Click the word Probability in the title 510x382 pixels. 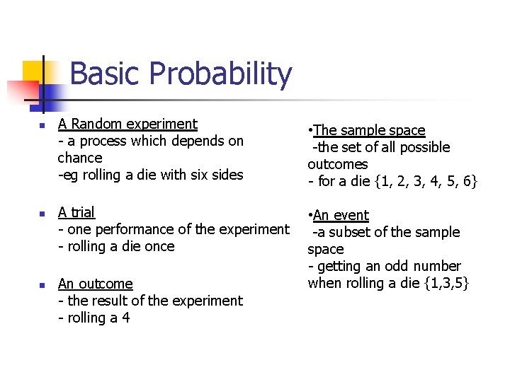[x=222, y=74]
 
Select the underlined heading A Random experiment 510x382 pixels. [x=127, y=124]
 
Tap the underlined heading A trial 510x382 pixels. [x=76, y=212]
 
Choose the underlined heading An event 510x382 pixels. [x=340, y=215]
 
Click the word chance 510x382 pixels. [x=79, y=158]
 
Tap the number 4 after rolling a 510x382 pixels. [x=125, y=318]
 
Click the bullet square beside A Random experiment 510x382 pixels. [x=41, y=126]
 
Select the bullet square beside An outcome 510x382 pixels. [x=41, y=285]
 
